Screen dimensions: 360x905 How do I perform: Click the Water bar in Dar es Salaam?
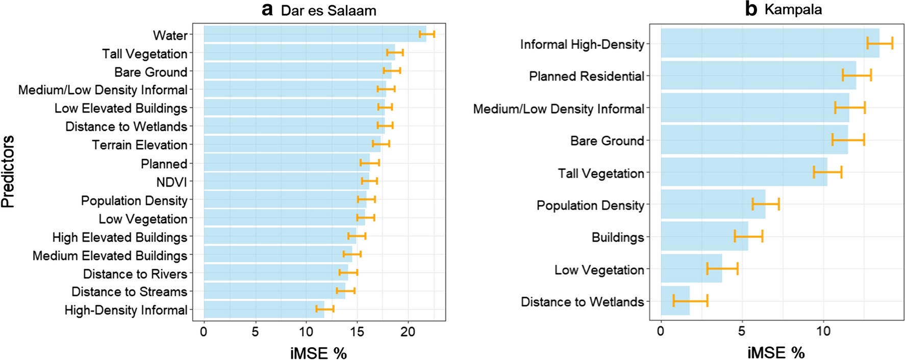click(x=314, y=34)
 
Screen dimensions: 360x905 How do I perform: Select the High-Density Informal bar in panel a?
click(x=263, y=310)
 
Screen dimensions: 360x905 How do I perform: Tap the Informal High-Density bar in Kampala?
click(x=769, y=43)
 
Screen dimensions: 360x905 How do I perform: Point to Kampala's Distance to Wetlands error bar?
click(x=690, y=301)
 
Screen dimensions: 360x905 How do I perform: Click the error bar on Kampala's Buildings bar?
click(x=748, y=236)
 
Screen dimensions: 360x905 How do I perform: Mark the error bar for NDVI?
click(x=369, y=181)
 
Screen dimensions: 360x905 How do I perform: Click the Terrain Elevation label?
click(x=140, y=145)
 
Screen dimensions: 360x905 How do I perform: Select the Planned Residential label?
click(x=587, y=76)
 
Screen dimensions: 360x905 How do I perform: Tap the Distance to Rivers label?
click(x=135, y=274)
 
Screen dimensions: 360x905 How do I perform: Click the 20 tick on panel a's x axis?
click(x=408, y=332)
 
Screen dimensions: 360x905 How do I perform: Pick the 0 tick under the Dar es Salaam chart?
click(x=204, y=332)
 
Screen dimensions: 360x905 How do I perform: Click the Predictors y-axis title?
click(x=8, y=172)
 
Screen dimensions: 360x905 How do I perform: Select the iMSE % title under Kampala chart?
click(x=776, y=353)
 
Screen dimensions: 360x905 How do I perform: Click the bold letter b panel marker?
click(x=751, y=9)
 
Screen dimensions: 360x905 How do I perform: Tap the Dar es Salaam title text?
click(x=329, y=11)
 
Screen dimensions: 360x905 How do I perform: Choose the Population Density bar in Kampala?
click(x=713, y=204)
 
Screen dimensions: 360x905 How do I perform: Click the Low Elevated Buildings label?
click(x=121, y=109)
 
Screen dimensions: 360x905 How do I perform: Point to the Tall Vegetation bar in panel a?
click(x=299, y=53)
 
